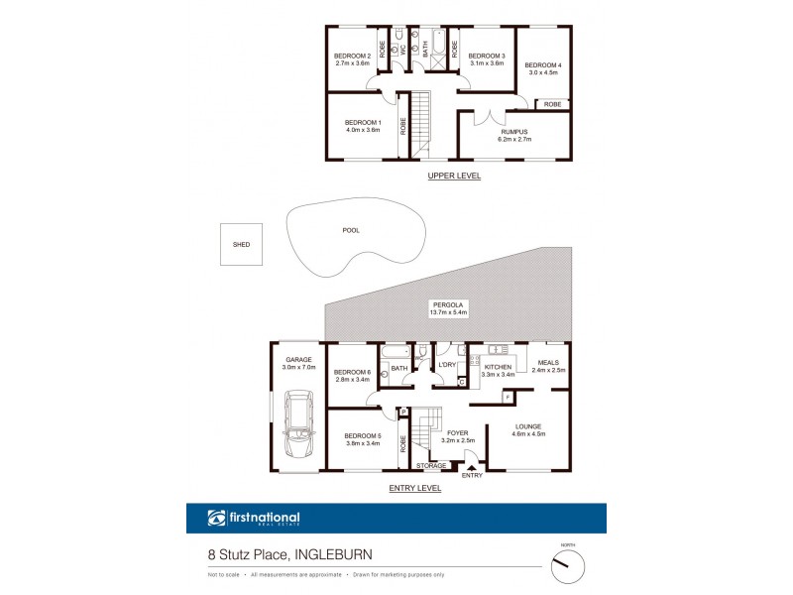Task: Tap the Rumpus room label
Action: tap(513, 131)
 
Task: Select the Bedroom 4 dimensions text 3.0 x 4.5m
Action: tap(543, 72)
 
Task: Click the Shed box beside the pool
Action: tap(242, 244)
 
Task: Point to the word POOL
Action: tap(351, 230)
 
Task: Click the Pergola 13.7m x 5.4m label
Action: tap(448, 307)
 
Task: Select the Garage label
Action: tap(299, 359)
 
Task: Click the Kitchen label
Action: tap(497, 367)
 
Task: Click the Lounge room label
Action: tap(529, 426)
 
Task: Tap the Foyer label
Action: tap(457, 433)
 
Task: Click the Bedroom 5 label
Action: tap(362, 436)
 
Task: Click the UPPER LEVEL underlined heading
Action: tap(454, 176)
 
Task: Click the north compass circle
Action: tap(568, 564)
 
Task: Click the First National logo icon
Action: tap(217, 518)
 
